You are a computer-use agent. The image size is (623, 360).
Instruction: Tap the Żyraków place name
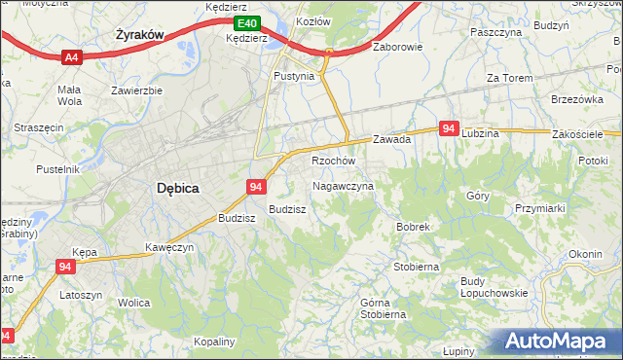coord(137,34)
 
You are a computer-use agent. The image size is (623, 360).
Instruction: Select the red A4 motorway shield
coord(70,58)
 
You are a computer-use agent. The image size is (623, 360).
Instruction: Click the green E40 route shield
coord(247,23)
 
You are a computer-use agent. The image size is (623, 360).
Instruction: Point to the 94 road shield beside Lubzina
coord(449,128)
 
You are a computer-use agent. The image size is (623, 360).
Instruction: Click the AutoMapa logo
coord(557,342)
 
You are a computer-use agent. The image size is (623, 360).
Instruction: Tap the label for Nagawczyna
coord(343,185)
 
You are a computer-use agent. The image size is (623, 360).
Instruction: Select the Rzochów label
coord(333,161)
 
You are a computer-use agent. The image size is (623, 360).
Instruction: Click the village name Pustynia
coord(294,76)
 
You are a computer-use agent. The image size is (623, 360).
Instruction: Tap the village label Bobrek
coord(413,227)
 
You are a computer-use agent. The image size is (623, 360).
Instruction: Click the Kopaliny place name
coord(214,342)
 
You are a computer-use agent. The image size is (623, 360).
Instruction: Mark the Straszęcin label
coord(38,127)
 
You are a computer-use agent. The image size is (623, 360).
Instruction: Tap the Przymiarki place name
coord(540,207)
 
